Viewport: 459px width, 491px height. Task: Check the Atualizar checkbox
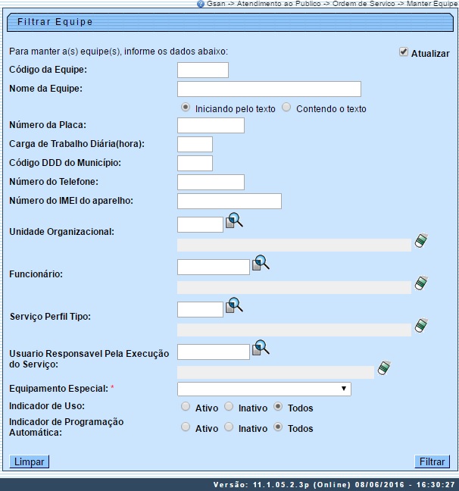[x=404, y=52]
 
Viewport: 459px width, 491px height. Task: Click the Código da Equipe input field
[x=202, y=70]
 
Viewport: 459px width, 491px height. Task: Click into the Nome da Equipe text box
[x=269, y=89]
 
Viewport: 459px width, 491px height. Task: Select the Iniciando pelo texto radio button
[x=186, y=108]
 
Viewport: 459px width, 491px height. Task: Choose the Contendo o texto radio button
[x=286, y=108]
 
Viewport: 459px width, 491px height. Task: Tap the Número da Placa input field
[x=211, y=126]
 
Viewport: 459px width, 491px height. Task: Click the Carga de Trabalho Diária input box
[x=195, y=145]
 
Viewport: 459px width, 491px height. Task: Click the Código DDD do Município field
[x=195, y=163]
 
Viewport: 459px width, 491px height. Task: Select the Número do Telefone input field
[x=211, y=182]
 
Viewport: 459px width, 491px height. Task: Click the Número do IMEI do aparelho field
[x=229, y=201]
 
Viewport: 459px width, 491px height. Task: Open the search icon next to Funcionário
[x=261, y=264]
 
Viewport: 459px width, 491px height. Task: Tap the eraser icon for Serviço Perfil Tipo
[x=422, y=326]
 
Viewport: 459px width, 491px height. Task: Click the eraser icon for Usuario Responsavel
[x=385, y=368]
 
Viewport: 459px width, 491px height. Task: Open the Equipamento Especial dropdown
[x=264, y=389]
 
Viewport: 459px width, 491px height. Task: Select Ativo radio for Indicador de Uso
[x=186, y=407]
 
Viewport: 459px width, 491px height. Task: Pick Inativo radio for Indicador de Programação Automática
[x=229, y=427]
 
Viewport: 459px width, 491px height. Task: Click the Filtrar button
[x=432, y=461]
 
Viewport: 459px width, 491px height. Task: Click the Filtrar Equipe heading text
[x=55, y=22]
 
